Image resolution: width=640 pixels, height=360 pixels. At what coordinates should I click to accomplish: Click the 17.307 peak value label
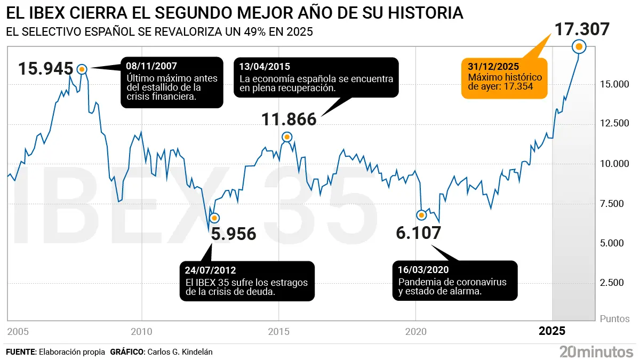pos(582,29)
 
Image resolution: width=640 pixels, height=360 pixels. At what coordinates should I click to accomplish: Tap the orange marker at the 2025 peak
pos(579,47)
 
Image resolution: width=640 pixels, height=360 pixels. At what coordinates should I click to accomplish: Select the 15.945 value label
pos(45,69)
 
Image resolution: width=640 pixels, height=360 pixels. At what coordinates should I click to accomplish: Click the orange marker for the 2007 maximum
pos(82,69)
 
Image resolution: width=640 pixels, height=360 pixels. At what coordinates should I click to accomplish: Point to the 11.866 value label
pos(289,119)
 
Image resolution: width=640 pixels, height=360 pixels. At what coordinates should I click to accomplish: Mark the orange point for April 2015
pos(287,137)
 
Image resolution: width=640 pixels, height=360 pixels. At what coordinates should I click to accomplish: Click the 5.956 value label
pos(234,234)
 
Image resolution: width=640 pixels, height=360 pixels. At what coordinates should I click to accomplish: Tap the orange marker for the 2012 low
pos(214,218)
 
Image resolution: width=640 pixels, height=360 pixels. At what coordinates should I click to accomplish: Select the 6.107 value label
pos(419,233)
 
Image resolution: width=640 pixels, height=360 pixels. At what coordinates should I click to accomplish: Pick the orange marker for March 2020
pos(421,215)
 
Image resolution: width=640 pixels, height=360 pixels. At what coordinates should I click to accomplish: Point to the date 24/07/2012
pos(211,270)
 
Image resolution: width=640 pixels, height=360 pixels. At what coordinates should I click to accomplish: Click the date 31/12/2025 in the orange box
pos(493,67)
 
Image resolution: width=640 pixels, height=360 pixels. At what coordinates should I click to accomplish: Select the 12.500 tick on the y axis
pos(614,124)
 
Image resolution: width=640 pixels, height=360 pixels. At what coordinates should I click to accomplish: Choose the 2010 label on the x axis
pos(141,332)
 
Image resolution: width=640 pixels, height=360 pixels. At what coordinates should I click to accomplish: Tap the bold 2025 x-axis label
pos(552,332)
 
